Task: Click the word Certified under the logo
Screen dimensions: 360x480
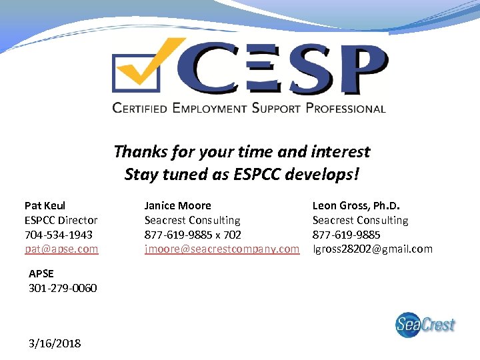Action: coord(139,108)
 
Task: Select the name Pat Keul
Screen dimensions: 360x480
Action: coord(45,205)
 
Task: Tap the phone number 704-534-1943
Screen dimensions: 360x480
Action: coord(59,235)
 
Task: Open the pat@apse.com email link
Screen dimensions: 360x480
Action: coord(61,249)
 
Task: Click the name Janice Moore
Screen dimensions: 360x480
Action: coord(177,205)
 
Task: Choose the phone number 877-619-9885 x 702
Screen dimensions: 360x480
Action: coord(193,235)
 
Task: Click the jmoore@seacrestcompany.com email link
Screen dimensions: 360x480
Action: coord(222,249)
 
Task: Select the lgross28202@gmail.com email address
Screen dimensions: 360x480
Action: coord(372,249)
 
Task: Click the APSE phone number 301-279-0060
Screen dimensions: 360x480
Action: coord(63,288)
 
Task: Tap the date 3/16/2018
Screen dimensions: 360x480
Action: coord(55,343)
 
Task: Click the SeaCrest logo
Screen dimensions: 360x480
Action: coord(425,325)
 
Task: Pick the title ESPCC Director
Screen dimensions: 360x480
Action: coord(61,220)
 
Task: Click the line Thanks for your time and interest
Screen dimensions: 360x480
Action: coord(241,152)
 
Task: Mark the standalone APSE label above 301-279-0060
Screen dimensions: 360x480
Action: coord(41,273)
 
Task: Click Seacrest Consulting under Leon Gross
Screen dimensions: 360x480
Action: coord(360,220)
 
